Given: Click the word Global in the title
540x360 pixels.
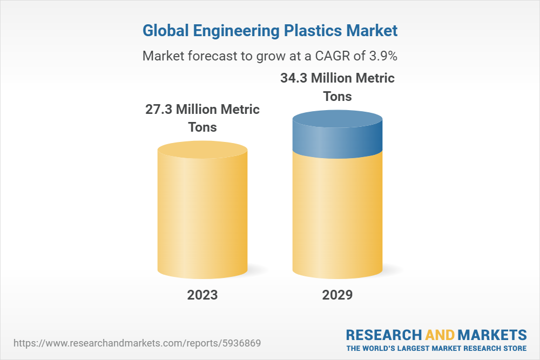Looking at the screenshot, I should (164, 31).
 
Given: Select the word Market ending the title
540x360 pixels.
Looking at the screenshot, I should (372, 31).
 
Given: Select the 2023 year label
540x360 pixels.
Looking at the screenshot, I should (202, 295).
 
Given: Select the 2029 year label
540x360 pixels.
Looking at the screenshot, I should (337, 295).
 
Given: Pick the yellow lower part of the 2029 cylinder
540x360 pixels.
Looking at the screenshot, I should (337, 216).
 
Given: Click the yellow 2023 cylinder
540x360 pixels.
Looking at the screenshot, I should (202, 216).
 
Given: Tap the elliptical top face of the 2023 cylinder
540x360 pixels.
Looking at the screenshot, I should (202, 150).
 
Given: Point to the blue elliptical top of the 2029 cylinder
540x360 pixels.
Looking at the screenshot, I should (337, 119).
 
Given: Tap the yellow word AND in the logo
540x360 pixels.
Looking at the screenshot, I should (440, 335).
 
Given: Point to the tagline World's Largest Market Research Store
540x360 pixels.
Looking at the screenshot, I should (436, 348).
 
